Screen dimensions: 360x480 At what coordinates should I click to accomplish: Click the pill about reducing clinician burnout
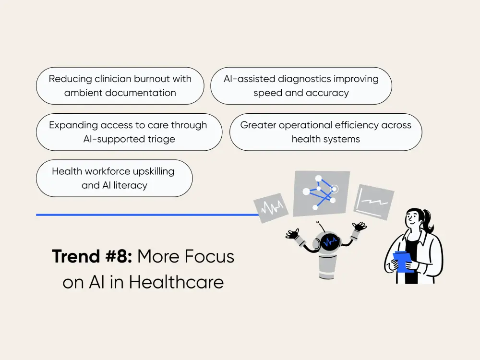click(x=120, y=86)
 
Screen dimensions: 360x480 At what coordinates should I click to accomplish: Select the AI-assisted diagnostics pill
click(x=301, y=86)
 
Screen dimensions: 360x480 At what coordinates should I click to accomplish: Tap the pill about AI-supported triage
click(x=129, y=132)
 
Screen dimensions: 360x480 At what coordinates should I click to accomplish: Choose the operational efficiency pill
click(x=325, y=132)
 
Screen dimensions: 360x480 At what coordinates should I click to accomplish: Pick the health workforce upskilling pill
click(x=114, y=178)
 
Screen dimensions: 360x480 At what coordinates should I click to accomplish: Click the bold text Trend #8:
click(x=92, y=257)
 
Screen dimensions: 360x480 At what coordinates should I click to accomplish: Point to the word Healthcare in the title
click(x=176, y=282)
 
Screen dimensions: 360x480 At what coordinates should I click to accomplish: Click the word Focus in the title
click(x=211, y=257)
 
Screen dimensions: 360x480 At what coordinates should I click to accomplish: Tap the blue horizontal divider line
click(x=144, y=215)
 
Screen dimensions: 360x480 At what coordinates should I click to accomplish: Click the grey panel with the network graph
click(x=321, y=192)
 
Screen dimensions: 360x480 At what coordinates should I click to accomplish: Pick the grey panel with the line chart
click(x=373, y=201)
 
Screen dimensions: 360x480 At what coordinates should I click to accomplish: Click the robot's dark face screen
click(x=330, y=242)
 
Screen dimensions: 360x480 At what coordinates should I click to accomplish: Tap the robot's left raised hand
click(x=292, y=234)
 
